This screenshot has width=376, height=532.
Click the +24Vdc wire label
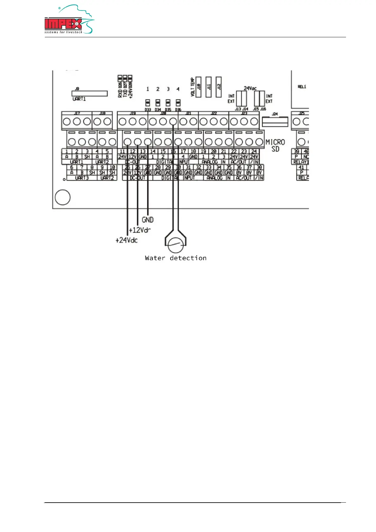coord(127,240)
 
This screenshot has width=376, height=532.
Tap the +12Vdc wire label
coord(140,230)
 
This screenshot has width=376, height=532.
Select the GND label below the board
coord(148,220)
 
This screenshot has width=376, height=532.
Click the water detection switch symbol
coord(176,244)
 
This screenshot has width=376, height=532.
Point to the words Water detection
coord(176,258)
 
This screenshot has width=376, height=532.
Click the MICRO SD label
coord(275,145)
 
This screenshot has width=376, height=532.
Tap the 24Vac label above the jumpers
coord(250,88)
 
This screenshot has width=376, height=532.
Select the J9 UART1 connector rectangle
coord(90,94)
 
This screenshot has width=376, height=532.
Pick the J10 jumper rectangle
coord(199,87)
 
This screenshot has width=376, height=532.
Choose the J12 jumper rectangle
coord(218,87)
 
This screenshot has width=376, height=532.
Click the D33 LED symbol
coord(147,103)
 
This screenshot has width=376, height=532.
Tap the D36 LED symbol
coord(178,103)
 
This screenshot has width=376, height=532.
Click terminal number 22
coord(234,152)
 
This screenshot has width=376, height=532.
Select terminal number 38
coord(259,167)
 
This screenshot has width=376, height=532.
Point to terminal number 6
coord(72,167)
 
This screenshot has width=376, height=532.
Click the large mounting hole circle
coord(63,197)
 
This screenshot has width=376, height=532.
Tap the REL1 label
coord(302,87)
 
